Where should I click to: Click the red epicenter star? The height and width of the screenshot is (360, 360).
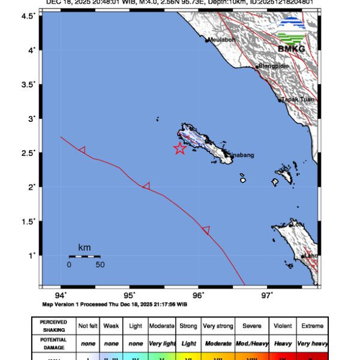(179, 149)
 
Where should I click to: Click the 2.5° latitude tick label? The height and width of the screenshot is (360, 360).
(29, 152)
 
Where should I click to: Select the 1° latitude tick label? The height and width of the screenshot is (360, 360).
(33, 255)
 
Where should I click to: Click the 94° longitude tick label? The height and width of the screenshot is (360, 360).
(61, 295)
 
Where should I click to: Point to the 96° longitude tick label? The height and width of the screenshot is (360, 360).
(199, 295)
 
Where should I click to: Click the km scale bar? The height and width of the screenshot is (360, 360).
(84, 257)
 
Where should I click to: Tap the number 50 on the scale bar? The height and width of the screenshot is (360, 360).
(100, 264)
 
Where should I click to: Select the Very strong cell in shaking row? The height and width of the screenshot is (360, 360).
(218, 326)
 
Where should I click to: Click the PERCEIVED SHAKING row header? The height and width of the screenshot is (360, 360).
(53, 326)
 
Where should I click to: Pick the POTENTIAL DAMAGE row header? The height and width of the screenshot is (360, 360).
(53, 343)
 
